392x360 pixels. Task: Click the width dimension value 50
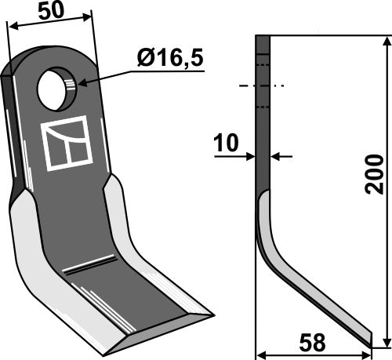click(x=49, y=11)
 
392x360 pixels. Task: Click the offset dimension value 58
click(x=314, y=344)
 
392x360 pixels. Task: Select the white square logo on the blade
click(x=67, y=144)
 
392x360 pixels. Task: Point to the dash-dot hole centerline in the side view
click(x=263, y=85)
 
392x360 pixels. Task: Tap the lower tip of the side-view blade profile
click(x=369, y=338)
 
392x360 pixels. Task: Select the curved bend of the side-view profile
click(x=264, y=243)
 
